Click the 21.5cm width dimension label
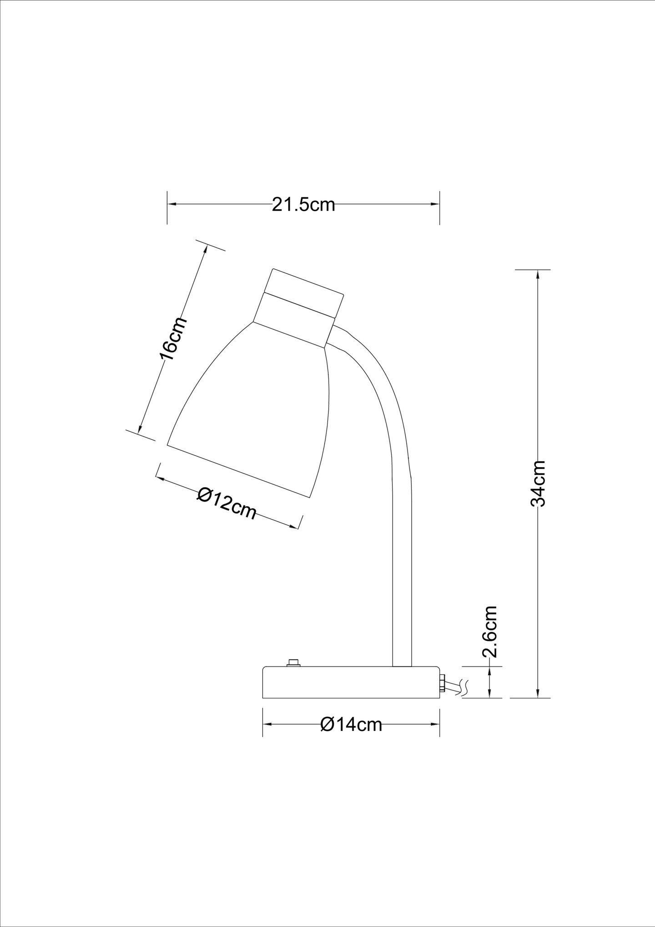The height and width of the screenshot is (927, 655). point(303,205)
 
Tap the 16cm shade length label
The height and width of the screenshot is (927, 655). point(173,339)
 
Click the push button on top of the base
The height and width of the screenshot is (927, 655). point(293,663)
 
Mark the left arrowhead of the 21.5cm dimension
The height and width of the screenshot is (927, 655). point(171,205)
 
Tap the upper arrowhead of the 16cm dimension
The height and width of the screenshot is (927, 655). point(206,250)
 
